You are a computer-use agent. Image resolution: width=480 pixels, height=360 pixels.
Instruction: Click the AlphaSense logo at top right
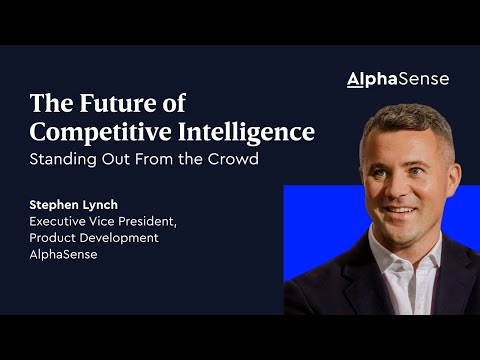[397, 79]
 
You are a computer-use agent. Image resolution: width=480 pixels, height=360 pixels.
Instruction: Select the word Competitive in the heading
[89, 131]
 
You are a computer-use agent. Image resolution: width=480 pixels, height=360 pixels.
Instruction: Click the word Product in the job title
[56, 237]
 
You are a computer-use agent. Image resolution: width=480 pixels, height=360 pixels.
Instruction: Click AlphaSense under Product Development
[64, 253]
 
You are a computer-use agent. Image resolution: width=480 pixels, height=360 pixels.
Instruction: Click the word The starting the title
[48, 103]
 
